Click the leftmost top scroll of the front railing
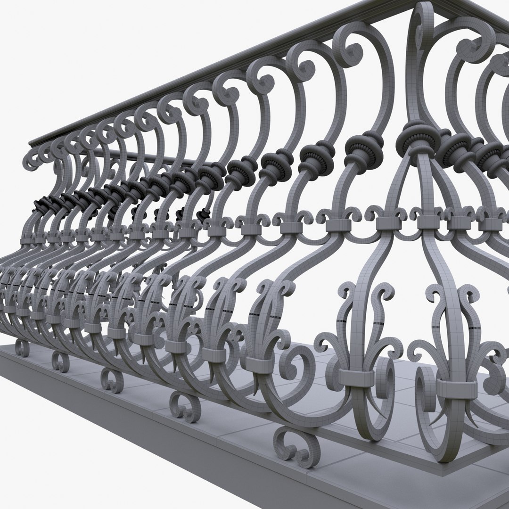(35, 158)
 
